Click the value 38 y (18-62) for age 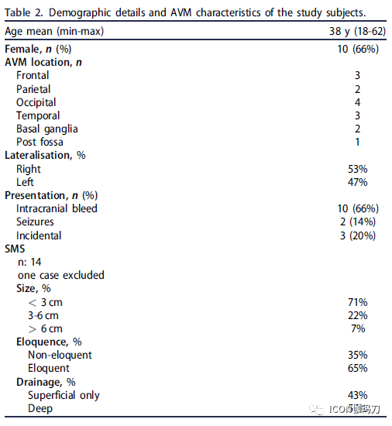coord(357,32)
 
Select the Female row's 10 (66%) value coord(358,49)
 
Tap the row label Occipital coord(36,103)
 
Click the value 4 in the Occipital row coord(357,102)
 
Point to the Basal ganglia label coord(47,129)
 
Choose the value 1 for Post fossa coord(357,142)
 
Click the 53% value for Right coord(357,169)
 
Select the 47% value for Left coord(357,182)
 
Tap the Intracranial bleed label coord(57,208)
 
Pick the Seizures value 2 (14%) coord(358,222)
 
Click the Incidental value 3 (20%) coord(358,235)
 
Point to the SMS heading coord(15,249)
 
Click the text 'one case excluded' coord(61,275)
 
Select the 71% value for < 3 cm coord(357,302)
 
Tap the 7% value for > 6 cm coord(358,328)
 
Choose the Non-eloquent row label coord(60,355)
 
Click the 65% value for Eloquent coord(357,369)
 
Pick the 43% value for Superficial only coord(357,395)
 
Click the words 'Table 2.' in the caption coord(24,12)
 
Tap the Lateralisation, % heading coord(45,156)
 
